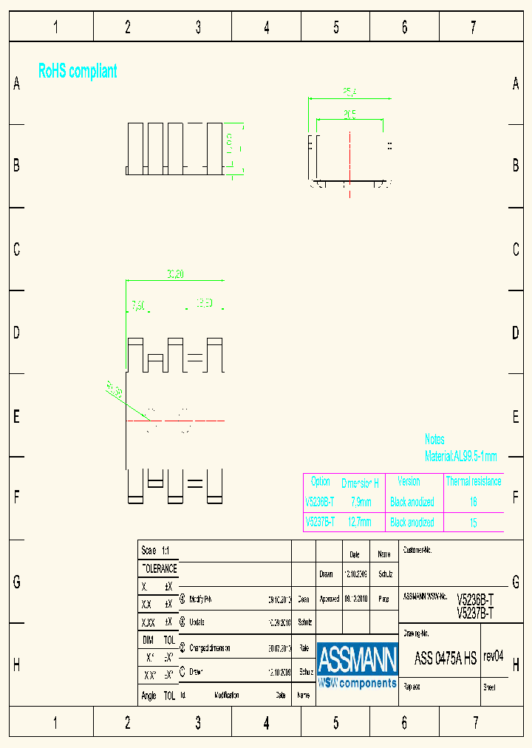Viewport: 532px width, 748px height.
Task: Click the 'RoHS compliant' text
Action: (x=78, y=71)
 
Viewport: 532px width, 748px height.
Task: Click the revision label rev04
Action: (x=493, y=656)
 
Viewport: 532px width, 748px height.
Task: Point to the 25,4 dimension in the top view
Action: (x=349, y=93)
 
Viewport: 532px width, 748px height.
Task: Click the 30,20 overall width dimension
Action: (x=175, y=275)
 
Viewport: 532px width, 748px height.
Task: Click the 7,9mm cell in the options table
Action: (x=361, y=502)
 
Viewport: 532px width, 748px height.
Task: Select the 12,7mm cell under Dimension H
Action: (x=360, y=523)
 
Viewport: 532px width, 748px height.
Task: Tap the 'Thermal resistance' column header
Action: (x=473, y=481)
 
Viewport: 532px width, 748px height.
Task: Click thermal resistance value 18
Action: (x=473, y=502)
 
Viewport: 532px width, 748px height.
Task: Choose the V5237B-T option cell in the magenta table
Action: (x=320, y=523)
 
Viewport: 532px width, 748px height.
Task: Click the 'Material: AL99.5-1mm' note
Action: (x=460, y=456)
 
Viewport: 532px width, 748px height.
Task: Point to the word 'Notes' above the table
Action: (x=434, y=440)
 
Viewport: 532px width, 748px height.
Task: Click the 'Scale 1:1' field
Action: (x=155, y=551)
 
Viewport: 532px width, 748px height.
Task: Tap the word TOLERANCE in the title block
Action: (x=159, y=568)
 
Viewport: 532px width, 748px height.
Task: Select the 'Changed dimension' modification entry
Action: (x=210, y=647)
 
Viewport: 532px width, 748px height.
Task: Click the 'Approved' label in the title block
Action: (x=329, y=599)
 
